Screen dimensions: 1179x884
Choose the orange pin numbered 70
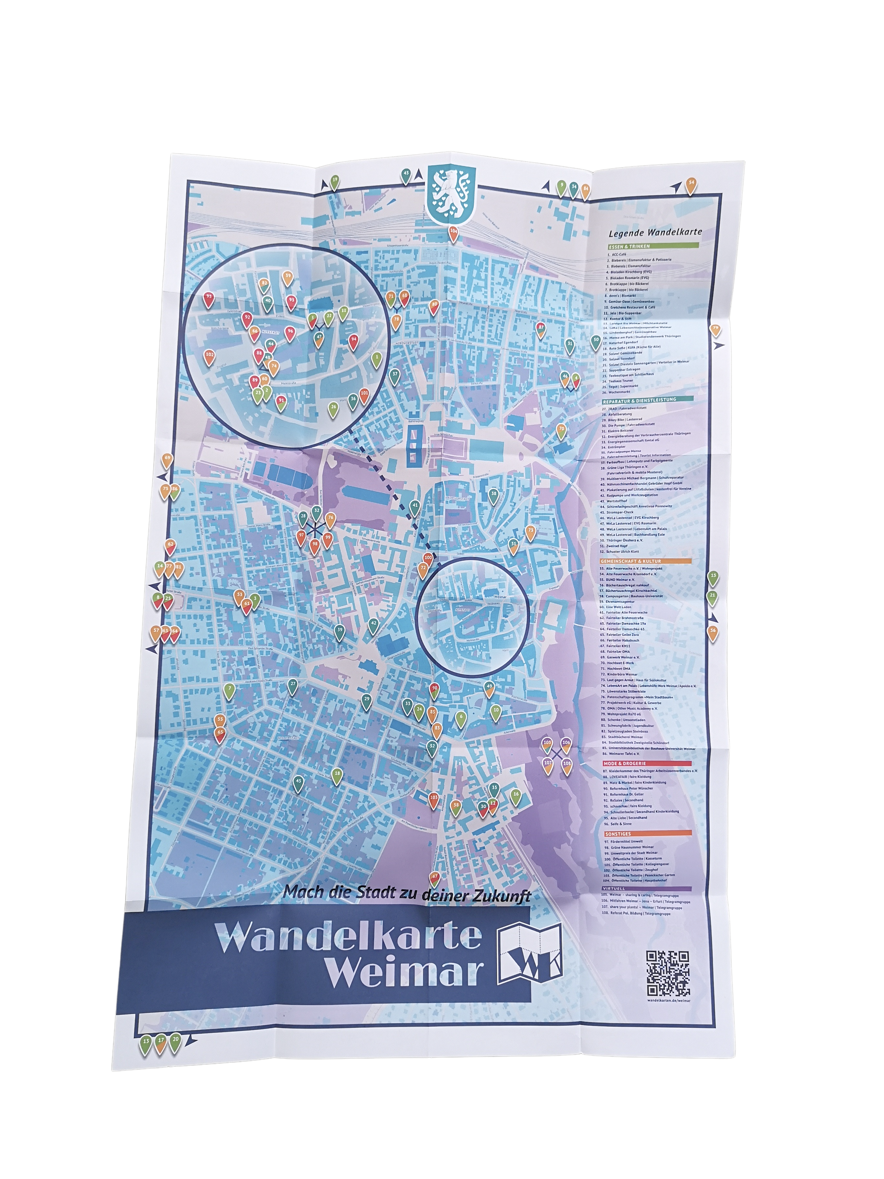pyautogui.click(x=561, y=430)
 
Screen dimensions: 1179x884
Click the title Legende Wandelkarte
pyautogui.click(x=655, y=232)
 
